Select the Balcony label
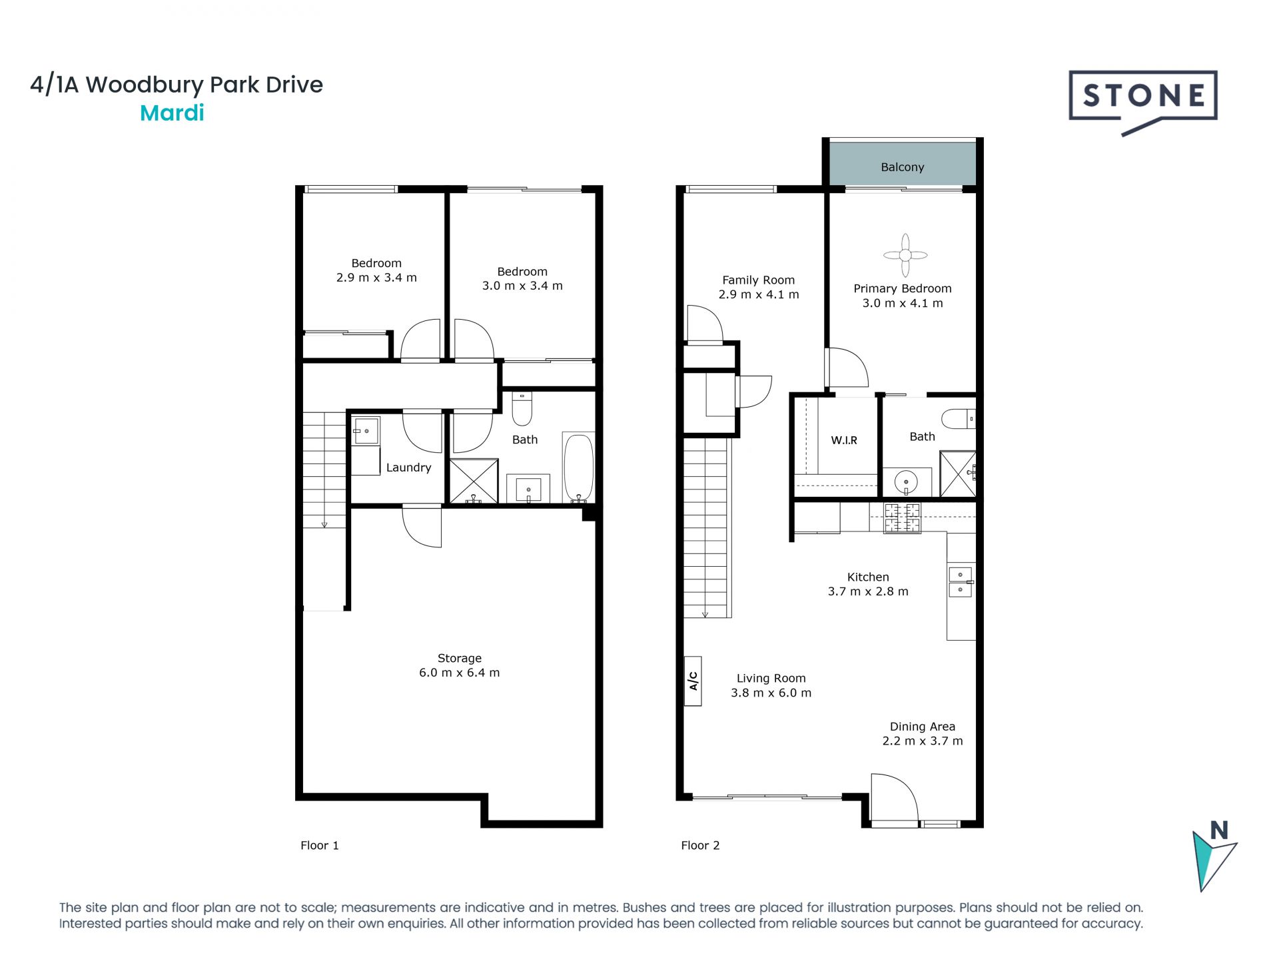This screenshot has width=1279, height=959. tap(903, 167)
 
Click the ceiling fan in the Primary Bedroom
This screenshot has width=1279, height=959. tap(905, 255)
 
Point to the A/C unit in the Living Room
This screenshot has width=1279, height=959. tap(693, 680)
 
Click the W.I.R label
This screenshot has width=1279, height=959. tap(844, 440)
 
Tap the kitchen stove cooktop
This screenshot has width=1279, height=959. tap(902, 518)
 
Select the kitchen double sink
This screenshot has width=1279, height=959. tap(961, 581)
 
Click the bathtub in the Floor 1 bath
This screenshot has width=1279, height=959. tap(579, 468)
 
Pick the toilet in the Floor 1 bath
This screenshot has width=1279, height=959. tap(522, 408)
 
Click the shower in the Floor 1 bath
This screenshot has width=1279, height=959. tap(474, 481)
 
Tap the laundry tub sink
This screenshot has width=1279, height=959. tap(366, 431)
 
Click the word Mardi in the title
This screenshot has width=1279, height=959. tap(172, 113)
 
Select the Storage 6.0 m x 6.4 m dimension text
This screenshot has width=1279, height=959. tap(459, 673)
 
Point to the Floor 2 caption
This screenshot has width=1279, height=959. tap(700, 845)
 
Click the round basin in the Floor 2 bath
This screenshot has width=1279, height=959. tap(906, 481)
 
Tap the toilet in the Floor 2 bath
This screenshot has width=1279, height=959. tap(958, 419)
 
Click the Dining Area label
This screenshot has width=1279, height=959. tap(923, 727)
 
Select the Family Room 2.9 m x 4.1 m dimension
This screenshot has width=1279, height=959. tap(759, 294)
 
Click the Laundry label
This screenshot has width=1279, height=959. tap(409, 468)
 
